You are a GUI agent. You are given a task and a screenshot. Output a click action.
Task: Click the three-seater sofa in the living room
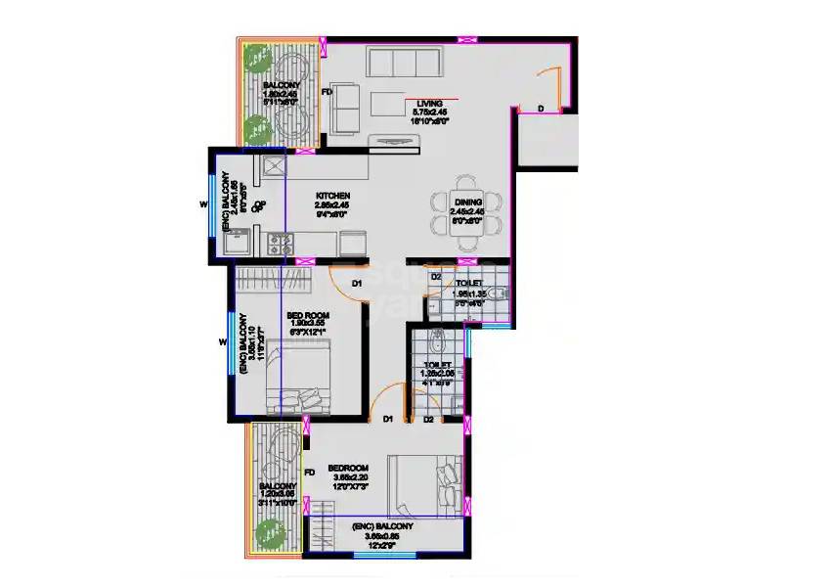[401, 64]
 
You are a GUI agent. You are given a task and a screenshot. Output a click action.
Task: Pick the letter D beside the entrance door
[540, 108]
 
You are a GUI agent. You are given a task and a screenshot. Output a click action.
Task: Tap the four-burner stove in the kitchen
[281, 245]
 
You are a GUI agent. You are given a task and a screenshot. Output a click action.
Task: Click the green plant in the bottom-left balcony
[264, 534]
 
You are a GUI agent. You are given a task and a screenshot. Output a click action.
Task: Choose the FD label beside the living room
[328, 93]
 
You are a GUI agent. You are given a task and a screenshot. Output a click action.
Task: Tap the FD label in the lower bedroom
[309, 474]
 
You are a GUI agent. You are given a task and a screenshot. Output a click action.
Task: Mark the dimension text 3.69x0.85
[381, 536]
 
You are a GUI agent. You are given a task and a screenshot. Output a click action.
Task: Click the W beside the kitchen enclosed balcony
[202, 204]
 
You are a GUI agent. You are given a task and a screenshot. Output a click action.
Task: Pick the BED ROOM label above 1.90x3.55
[307, 316]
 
